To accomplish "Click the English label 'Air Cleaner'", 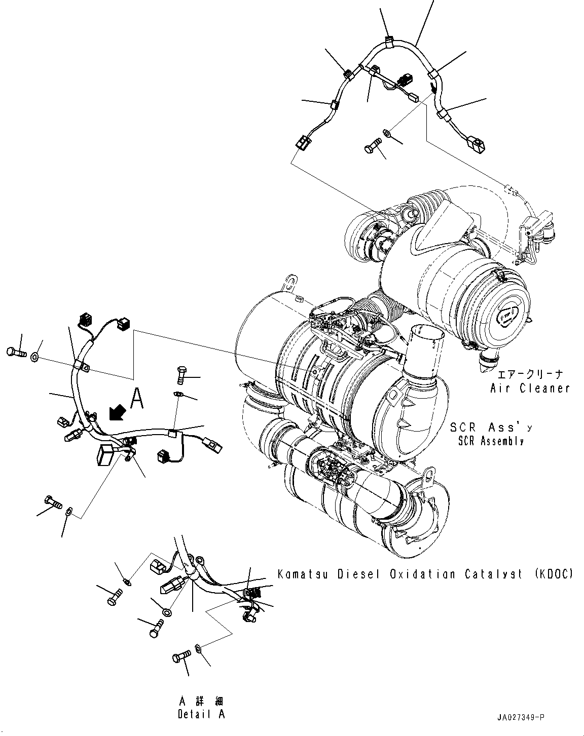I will pyautogui.click(x=530, y=389).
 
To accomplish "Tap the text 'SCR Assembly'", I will pyautogui.click(x=490, y=441).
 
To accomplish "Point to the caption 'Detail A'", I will pyautogui.click(x=201, y=714).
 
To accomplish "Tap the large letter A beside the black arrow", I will pyautogui.click(x=137, y=399).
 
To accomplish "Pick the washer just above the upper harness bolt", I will pyautogui.click(x=387, y=133).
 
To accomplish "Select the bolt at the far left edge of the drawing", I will pyautogui.click(x=16, y=352).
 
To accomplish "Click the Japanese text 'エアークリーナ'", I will pyautogui.click(x=530, y=375).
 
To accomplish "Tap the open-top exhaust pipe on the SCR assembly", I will pyautogui.click(x=424, y=350).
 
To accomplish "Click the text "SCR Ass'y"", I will pyautogui.click(x=491, y=427).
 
